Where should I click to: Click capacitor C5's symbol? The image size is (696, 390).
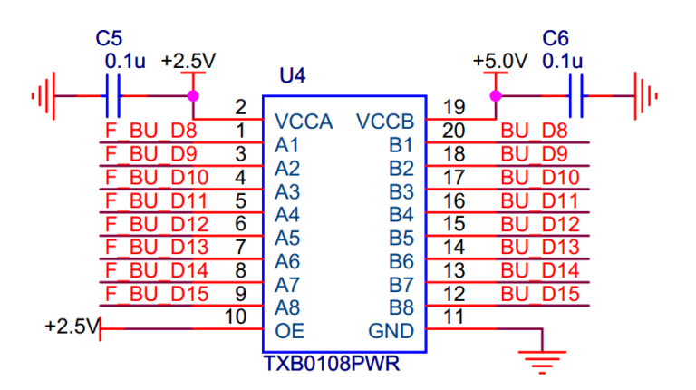(113, 94)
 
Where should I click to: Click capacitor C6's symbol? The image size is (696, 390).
(575, 94)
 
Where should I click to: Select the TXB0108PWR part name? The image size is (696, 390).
(332, 364)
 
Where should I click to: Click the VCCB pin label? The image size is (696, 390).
(385, 122)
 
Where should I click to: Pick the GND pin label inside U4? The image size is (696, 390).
(391, 330)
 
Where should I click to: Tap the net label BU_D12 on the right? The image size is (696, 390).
(539, 224)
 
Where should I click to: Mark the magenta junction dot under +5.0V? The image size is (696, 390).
(495, 95)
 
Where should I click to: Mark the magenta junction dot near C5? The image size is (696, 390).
(192, 95)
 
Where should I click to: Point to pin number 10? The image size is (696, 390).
(235, 317)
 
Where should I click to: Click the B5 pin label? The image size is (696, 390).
(401, 239)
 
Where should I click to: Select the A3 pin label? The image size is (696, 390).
(286, 191)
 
